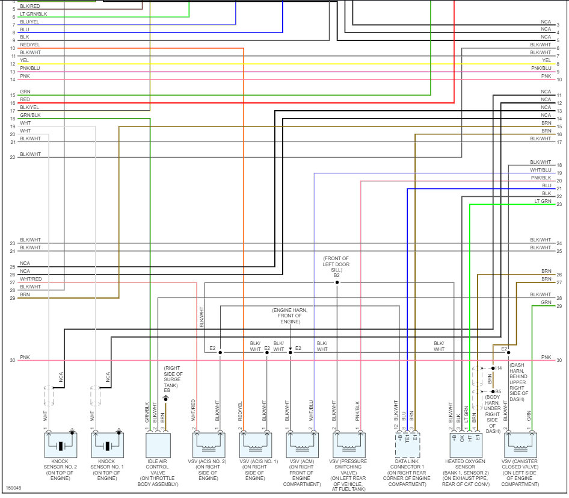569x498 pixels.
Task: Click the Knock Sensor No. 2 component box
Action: pyautogui.click(x=61, y=446)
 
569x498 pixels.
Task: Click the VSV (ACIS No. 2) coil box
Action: pyautogui.click(x=208, y=446)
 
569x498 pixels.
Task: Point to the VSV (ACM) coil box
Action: pyautogui.click(x=301, y=446)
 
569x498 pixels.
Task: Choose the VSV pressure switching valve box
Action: pyautogui.click(x=348, y=446)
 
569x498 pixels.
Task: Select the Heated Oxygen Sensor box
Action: pyautogui.click(x=464, y=446)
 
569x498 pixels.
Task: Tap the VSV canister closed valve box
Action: pyautogui.click(x=521, y=446)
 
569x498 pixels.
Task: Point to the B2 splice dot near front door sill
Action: pyautogui.click(x=337, y=282)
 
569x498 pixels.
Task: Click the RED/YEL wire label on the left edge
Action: pyautogui.click(x=29, y=45)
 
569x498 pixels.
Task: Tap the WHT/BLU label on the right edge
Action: pyautogui.click(x=541, y=170)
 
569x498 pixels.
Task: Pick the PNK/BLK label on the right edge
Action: pyautogui.click(x=541, y=178)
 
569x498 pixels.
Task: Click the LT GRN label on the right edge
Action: pyautogui.click(x=542, y=201)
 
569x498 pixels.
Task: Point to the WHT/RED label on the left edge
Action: pyautogui.click(x=30, y=279)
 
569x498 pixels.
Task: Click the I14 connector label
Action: pyautogui.click(x=499, y=367)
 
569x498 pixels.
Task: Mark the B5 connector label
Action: pyautogui.click(x=498, y=391)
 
